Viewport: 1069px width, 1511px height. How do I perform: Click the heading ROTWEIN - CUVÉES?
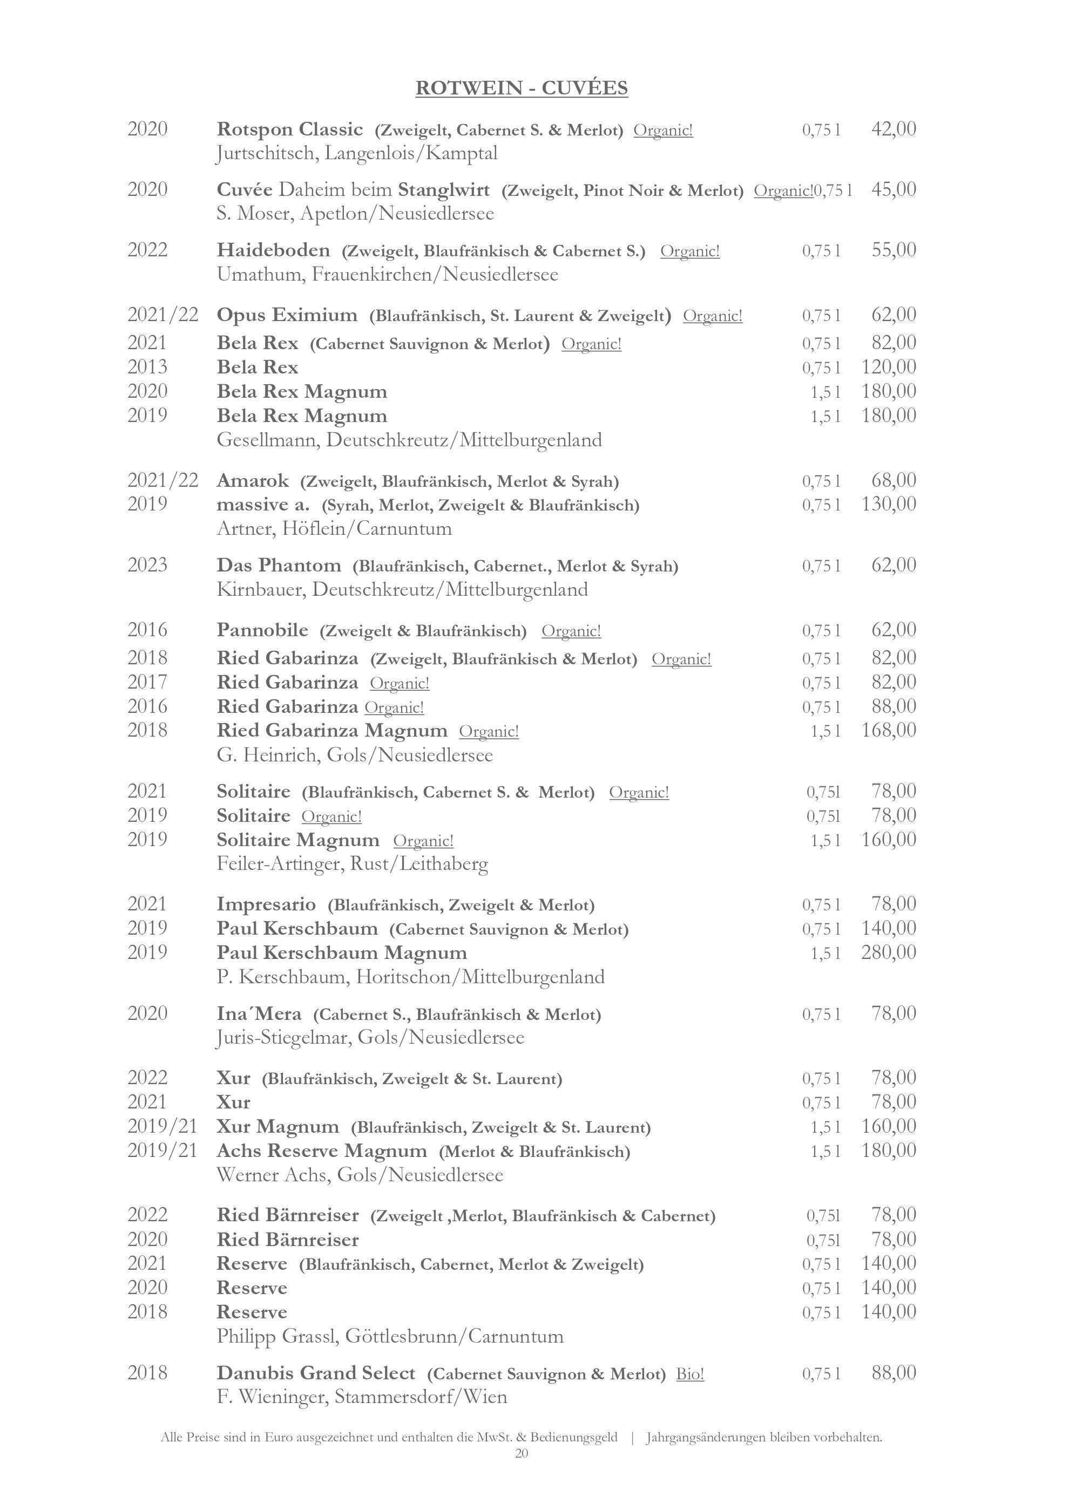(x=522, y=88)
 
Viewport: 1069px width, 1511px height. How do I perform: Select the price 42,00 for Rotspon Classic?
(x=893, y=129)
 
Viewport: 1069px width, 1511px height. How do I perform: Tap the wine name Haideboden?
(x=273, y=250)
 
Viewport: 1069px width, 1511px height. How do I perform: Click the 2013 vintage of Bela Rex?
(x=147, y=366)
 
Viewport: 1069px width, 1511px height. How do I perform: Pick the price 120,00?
(x=889, y=366)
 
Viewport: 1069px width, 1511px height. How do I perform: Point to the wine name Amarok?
(x=253, y=480)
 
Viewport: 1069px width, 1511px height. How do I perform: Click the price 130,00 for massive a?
(x=889, y=504)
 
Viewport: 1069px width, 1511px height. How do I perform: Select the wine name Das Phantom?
(x=279, y=566)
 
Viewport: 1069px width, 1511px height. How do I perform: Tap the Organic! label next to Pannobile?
(x=571, y=631)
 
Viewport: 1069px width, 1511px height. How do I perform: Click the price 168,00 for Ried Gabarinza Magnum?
(x=889, y=730)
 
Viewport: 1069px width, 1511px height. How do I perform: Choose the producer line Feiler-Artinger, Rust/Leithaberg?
(x=352, y=863)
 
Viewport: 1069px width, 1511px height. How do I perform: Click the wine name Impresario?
(x=266, y=904)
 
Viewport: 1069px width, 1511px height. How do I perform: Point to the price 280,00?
(x=889, y=952)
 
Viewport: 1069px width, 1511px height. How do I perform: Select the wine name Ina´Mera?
(x=259, y=1014)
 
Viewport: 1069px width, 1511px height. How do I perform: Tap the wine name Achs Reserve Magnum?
(x=322, y=1151)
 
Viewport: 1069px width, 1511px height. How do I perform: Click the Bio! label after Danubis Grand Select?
(x=690, y=1374)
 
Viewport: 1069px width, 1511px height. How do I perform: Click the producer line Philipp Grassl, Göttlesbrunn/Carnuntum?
(x=390, y=1337)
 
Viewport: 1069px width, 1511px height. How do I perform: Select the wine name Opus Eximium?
(x=287, y=315)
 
